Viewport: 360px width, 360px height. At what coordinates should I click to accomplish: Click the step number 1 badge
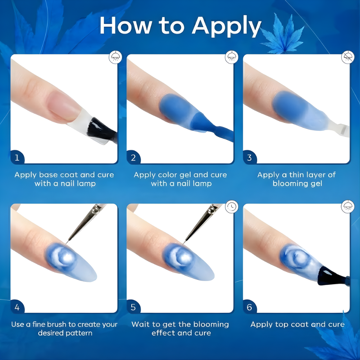17,158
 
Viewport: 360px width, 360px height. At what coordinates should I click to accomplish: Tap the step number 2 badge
133,158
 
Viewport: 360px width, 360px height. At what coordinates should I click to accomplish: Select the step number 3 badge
249,158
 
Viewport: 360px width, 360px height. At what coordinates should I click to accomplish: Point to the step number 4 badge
17,307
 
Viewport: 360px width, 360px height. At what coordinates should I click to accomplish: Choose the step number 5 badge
133,307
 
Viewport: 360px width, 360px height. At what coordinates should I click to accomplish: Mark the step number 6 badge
249,307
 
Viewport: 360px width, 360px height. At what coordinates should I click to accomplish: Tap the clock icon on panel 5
231,207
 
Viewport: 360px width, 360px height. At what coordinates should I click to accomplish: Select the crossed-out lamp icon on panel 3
348,57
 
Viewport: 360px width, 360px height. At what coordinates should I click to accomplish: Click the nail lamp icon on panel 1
115,57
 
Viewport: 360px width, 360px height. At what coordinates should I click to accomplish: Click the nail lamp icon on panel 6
348,207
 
